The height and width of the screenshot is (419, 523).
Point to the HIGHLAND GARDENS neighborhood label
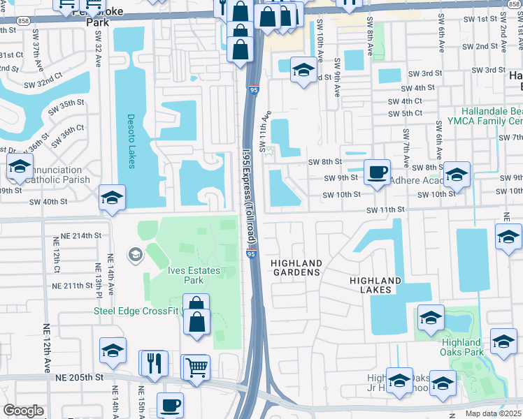click(296, 267)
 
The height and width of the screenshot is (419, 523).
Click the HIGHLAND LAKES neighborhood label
click(375, 285)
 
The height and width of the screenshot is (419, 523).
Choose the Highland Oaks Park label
click(461, 347)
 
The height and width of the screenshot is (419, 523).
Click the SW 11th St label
click(386, 209)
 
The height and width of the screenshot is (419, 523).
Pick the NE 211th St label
click(73, 286)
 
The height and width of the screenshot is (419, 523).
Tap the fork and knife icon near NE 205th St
click(154, 362)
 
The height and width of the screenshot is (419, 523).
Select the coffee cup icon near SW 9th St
click(378, 171)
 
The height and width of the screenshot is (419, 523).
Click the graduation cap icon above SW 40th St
click(112, 198)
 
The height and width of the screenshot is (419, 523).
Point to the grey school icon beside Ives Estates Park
click(134, 253)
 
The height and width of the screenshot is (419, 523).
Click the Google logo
click(24, 411)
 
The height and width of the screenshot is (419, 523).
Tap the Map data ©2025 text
click(493, 413)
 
